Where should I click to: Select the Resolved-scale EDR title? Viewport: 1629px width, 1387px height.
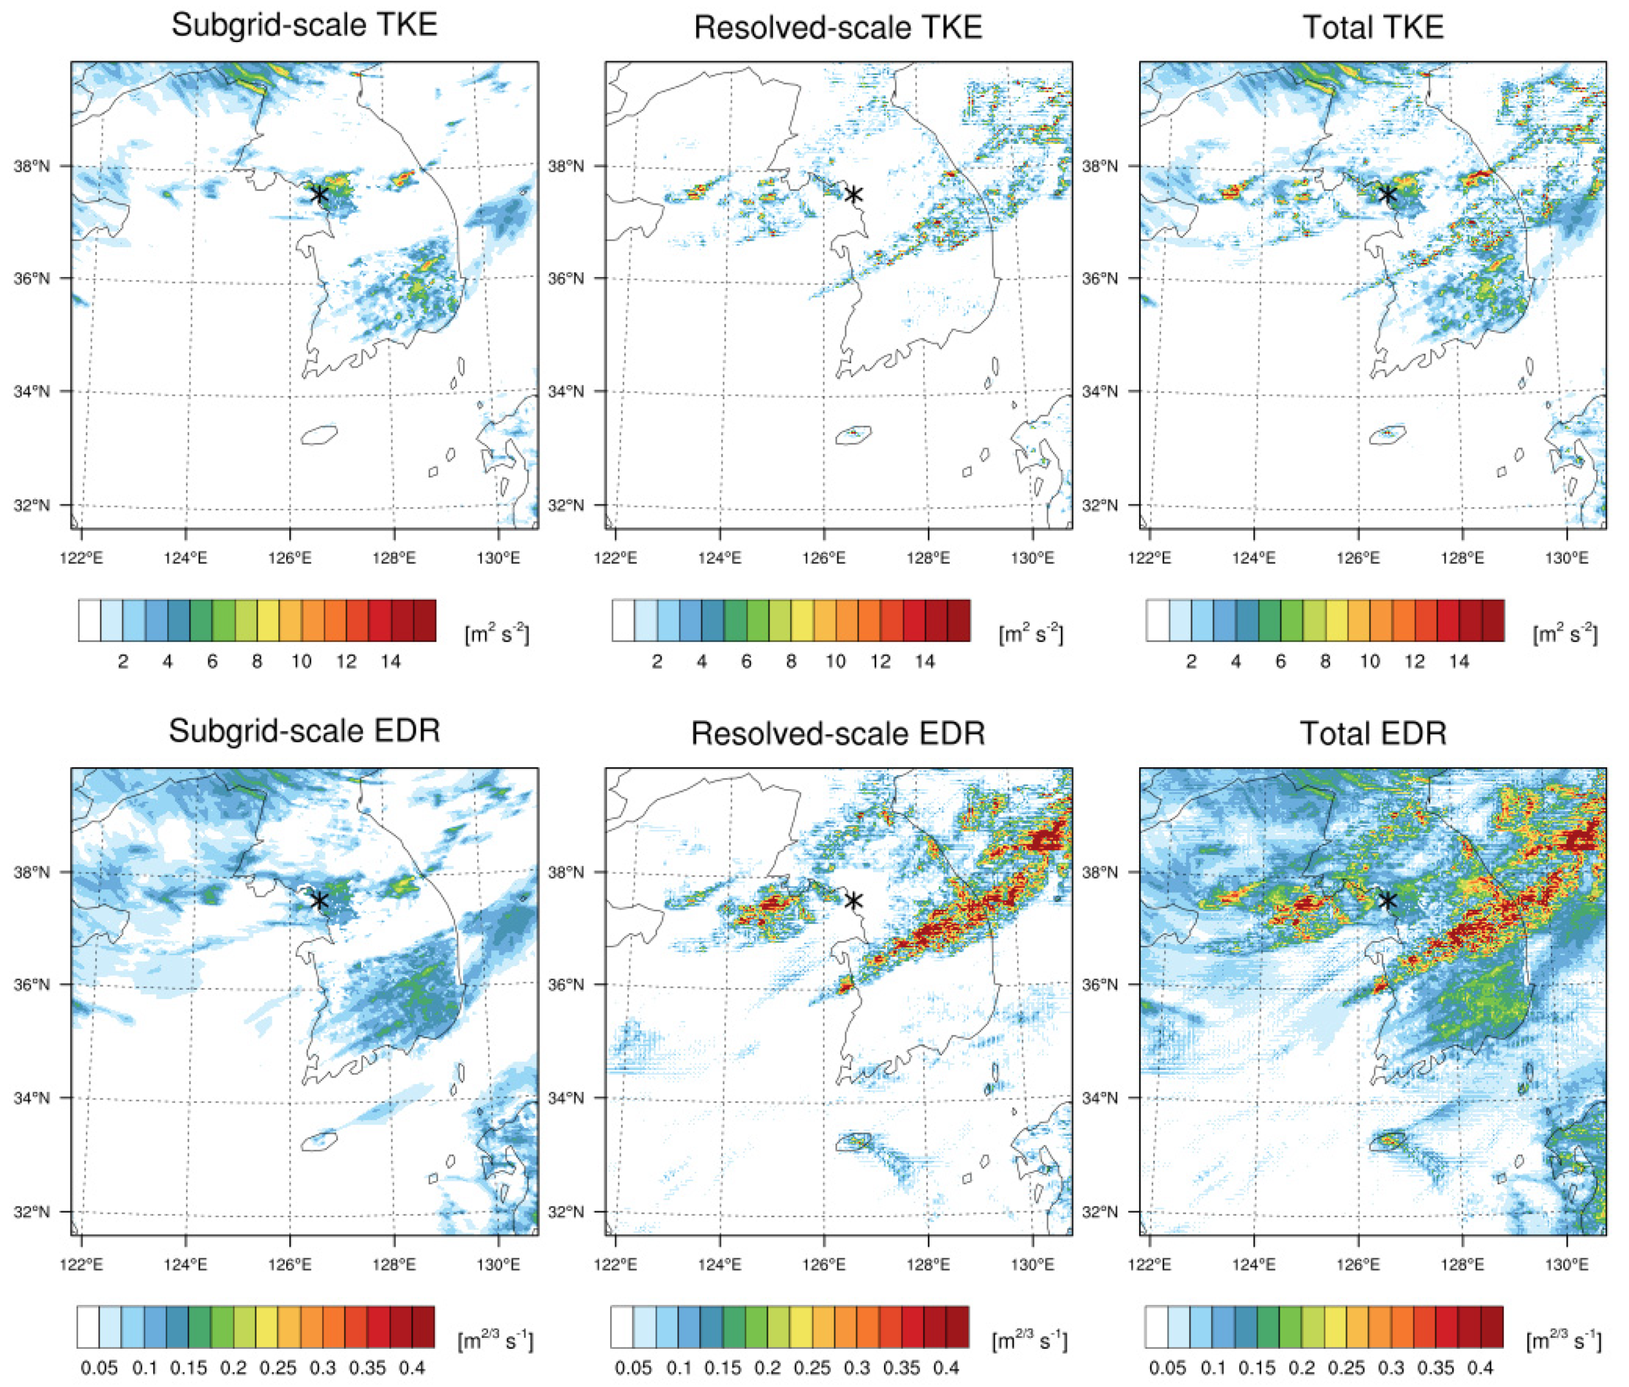coord(838,734)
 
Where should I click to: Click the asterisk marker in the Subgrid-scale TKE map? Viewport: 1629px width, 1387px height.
coord(318,194)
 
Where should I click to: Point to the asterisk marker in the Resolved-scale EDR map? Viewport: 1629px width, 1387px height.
coord(853,901)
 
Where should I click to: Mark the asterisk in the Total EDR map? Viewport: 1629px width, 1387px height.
coord(1388,901)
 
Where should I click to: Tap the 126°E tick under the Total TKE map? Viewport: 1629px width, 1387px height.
coord(1358,558)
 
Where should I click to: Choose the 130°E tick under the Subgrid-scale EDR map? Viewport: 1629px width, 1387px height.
coord(498,1265)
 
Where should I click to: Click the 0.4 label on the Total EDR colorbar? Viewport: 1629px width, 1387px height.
coord(1480,1368)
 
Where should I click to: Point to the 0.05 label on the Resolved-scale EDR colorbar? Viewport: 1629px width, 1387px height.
coord(633,1368)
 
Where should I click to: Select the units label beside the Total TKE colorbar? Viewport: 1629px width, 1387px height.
coord(1565,634)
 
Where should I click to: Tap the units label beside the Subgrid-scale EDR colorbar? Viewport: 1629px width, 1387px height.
coord(495,1340)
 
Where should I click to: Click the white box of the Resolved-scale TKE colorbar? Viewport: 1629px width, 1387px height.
coord(623,620)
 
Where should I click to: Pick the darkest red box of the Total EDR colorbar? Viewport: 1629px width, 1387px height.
coord(1492,1327)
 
